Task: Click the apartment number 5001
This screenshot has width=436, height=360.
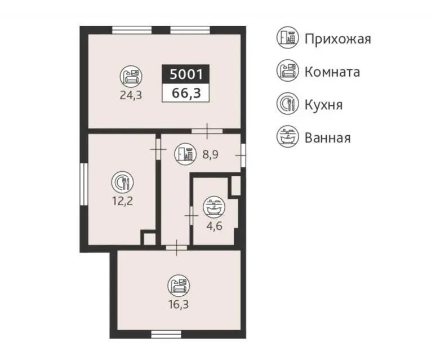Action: pos(186,74)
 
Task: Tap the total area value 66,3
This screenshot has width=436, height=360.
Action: pos(186,93)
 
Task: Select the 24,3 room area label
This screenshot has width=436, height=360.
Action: pos(131,95)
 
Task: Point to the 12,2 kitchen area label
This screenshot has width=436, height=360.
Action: pos(122,201)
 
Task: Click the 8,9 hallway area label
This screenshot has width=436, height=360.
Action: pos(210,154)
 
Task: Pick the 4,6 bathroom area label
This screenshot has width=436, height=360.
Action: pos(215,226)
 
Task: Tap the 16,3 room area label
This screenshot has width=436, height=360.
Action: pos(179,304)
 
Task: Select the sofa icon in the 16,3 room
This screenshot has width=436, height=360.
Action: pos(179,286)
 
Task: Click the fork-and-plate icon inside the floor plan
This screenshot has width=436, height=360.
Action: pos(122,183)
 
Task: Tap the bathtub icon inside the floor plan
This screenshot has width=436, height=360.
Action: pos(214,207)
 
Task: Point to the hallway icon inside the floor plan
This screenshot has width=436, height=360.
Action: pos(185,154)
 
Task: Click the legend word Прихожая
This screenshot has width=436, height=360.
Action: pos(338,39)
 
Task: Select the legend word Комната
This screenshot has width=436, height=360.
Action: pos(332,72)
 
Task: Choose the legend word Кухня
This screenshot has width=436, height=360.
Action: pos(324,105)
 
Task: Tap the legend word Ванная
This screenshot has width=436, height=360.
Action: pos(327,138)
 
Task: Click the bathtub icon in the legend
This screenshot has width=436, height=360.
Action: pos(287,136)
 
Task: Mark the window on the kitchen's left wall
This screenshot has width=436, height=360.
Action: pos(84,184)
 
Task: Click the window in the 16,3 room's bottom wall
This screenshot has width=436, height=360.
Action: pos(166,334)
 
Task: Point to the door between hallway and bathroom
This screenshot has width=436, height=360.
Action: pos(192,215)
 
